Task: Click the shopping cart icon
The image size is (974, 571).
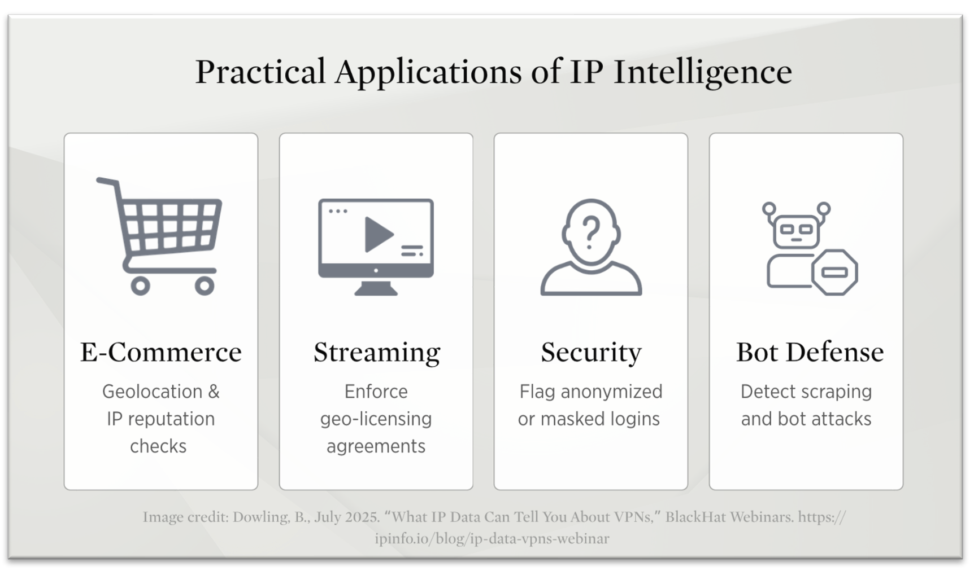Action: (x=159, y=237)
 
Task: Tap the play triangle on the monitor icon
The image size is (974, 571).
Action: (x=377, y=234)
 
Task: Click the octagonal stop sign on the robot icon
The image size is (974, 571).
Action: (x=834, y=272)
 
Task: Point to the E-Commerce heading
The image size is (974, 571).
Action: (x=161, y=352)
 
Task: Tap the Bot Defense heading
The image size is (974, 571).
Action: (x=810, y=352)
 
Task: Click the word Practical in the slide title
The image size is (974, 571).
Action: (x=260, y=72)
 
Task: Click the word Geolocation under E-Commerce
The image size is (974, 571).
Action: (x=152, y=392)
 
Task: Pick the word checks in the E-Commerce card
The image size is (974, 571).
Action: (x=158, y=446)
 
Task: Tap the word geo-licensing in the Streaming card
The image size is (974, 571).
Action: (x=376, y=420)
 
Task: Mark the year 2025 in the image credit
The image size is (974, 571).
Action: (x=362, y=517)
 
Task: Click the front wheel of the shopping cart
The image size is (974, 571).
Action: (x=204, y=285)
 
